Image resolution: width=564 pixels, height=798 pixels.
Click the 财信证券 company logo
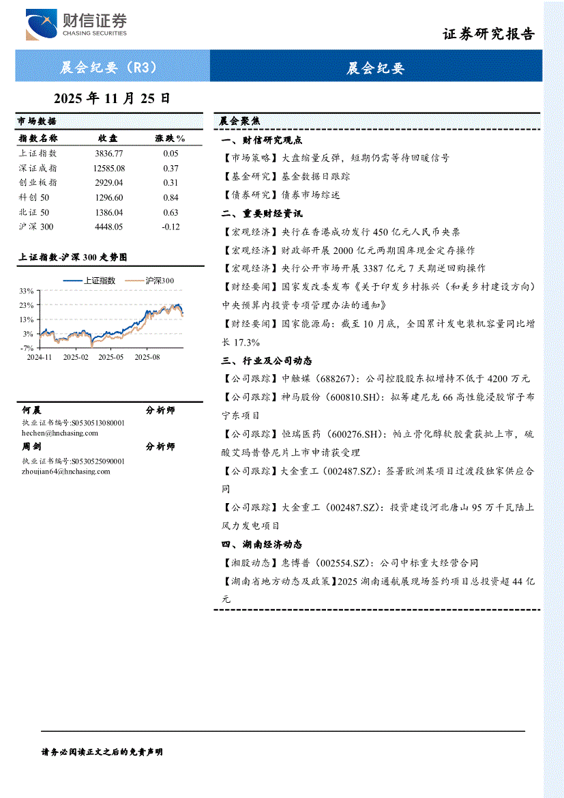coord(76,26)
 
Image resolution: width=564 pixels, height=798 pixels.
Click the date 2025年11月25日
coord(111,98)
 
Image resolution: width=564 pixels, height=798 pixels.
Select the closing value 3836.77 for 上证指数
coord(109,154)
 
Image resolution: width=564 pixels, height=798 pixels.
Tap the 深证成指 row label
coord(38,168)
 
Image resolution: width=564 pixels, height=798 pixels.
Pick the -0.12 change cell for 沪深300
coord(170,227)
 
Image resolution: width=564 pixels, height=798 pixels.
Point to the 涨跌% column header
coord(170,139)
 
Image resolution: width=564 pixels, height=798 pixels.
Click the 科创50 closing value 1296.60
coord(109,197)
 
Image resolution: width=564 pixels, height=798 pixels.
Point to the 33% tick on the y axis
coord(26,291)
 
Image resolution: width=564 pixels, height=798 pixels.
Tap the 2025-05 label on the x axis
coord(111,356)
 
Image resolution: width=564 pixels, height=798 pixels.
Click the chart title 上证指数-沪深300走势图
coord(72,257)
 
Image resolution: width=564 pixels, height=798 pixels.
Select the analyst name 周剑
coord(31,447)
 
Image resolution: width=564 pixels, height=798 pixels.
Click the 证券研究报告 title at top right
coord(488,34)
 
